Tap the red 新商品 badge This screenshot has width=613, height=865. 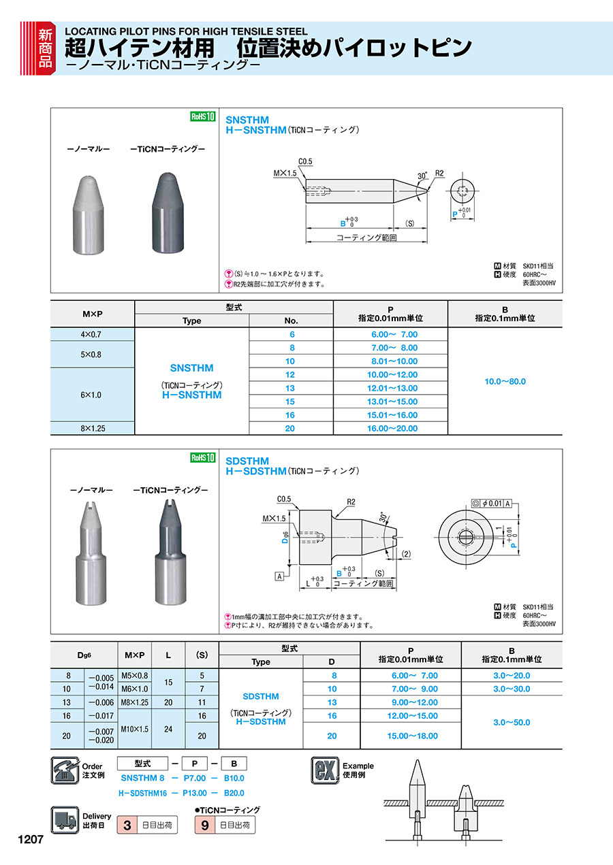45,47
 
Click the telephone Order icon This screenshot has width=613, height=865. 65,770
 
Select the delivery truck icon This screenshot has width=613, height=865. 65,819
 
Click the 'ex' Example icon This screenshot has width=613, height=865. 325,770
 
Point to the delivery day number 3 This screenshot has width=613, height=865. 127,826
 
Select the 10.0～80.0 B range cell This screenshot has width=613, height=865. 505,381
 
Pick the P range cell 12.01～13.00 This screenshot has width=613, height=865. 390,388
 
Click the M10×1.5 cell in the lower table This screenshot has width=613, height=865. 134,729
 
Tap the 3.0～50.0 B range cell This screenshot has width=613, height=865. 512,722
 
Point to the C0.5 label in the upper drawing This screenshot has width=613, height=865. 304,161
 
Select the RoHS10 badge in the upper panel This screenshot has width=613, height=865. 202,116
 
